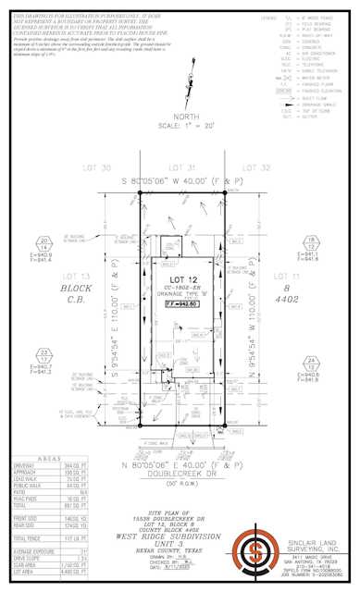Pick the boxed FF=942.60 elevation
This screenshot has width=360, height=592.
click(x=180, y=302)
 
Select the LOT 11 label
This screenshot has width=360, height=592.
click(x=305, y=277)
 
